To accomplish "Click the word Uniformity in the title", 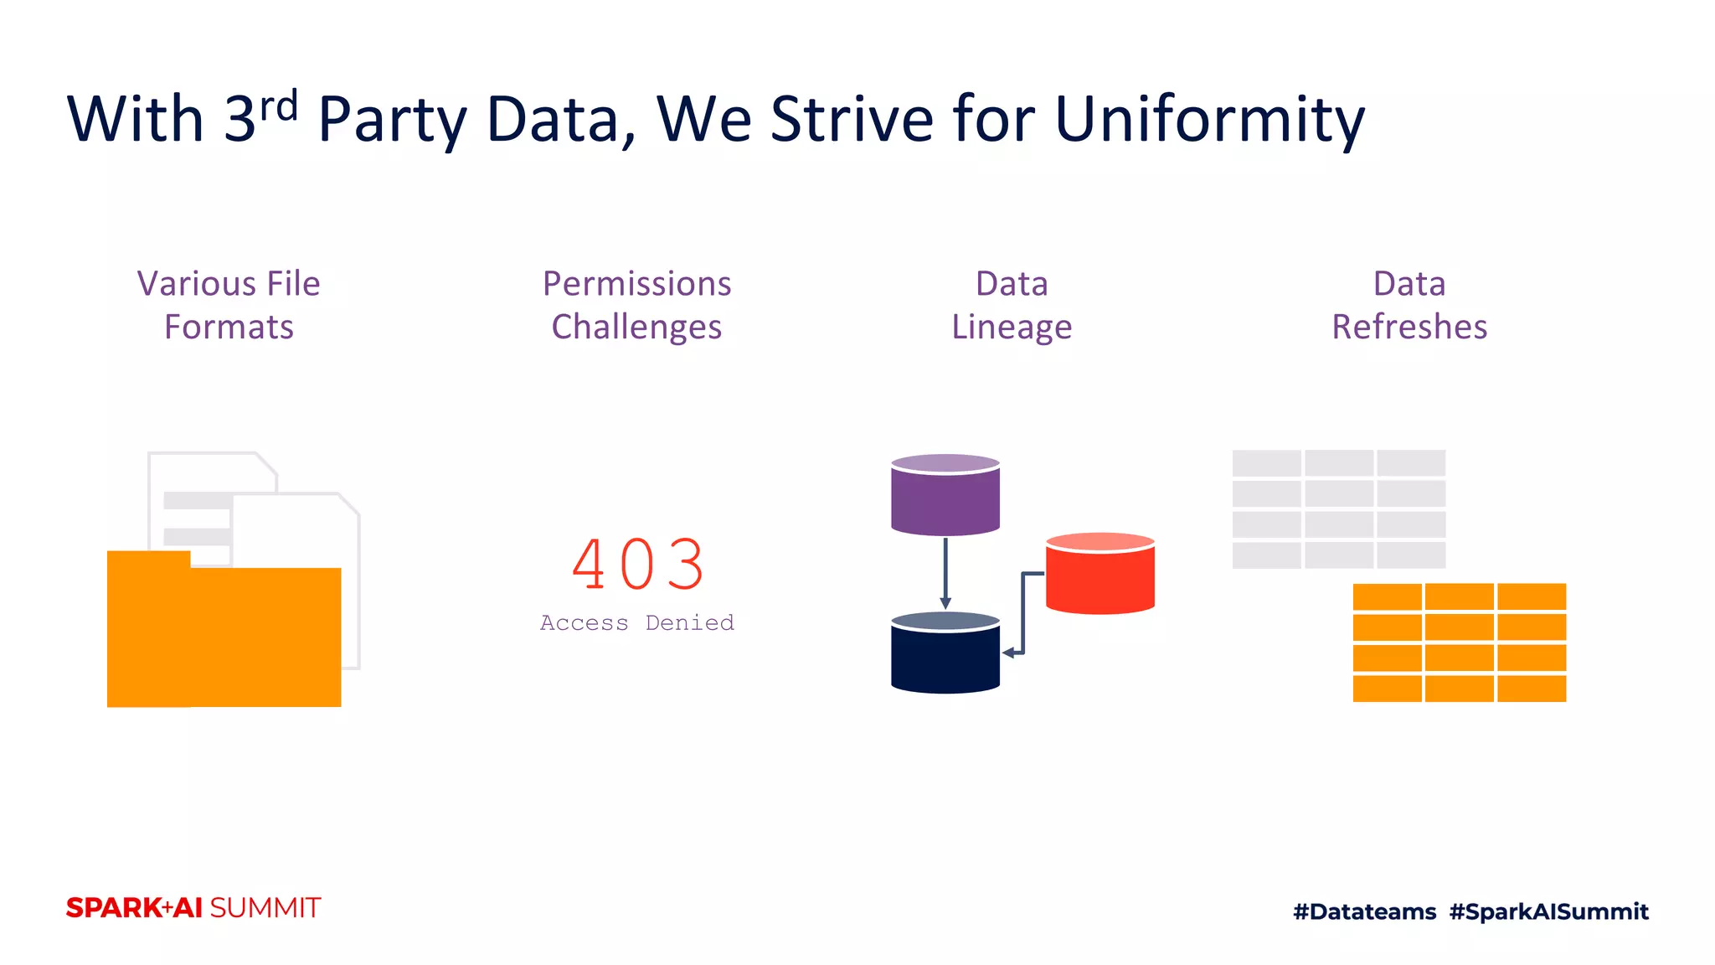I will [1209, 119].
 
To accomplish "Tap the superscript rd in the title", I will [279, 106].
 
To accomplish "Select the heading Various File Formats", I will [229, 305].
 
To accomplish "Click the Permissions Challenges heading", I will [636, 305].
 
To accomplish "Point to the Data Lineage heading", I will [1012, 305].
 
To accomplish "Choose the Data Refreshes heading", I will [1409, 305].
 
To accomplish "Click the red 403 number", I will [638, 565].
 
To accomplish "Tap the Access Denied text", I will [636, 622].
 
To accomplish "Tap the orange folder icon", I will [224, 637].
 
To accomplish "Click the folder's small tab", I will [148, 559].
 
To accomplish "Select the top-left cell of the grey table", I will [1266, 463].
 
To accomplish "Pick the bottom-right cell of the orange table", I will [1532, 689].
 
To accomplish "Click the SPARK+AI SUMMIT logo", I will [193, 908].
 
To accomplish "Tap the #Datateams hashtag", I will [1364, 911].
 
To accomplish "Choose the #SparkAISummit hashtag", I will [1548, 911].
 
